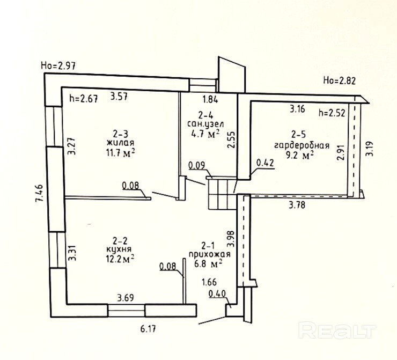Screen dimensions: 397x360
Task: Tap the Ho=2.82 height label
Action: click(340, 81)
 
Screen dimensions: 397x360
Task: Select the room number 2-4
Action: click(207, 114)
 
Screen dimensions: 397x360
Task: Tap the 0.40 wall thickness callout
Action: click(217, 293)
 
